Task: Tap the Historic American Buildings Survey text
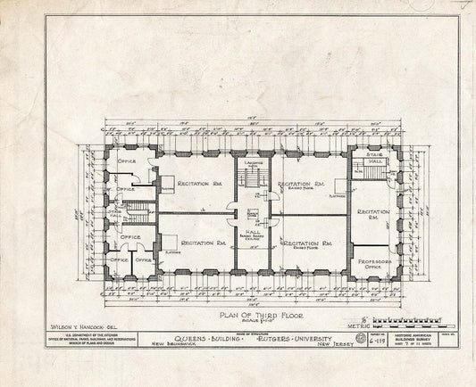coord(414,339)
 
